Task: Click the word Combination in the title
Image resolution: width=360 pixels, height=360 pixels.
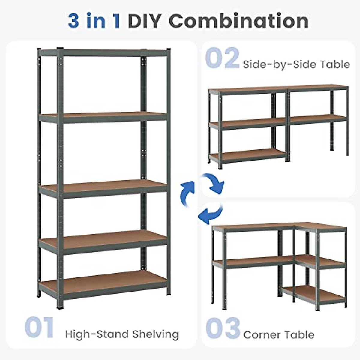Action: tap(239, 21)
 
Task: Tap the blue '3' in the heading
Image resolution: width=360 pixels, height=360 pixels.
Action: tap(74, 21)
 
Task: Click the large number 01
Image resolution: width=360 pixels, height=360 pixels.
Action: tap(39, 328)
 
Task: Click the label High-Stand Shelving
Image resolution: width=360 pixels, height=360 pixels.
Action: tap(122, 334)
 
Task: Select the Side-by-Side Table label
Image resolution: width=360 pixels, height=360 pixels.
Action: tap(296, 64)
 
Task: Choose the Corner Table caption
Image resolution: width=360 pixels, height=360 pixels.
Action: tap(279, 334)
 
